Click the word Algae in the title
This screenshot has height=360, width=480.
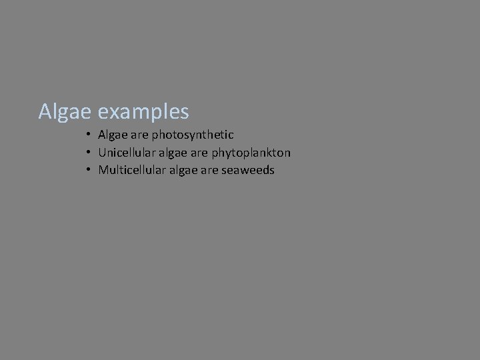(65, 111)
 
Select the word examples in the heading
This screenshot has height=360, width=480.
(143, 112)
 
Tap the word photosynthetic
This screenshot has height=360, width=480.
(193, 135)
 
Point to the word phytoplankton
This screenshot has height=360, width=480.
(251, 153)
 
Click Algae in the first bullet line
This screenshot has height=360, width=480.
(113, 135)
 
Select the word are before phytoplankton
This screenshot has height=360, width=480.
(199, 153)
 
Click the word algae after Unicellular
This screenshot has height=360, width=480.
(171, 153)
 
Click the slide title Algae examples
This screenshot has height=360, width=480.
(113, 111)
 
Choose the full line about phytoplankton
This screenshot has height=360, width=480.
(194, 153)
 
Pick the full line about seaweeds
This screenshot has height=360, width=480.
(186, 170)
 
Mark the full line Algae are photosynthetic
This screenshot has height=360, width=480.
(166, 135)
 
